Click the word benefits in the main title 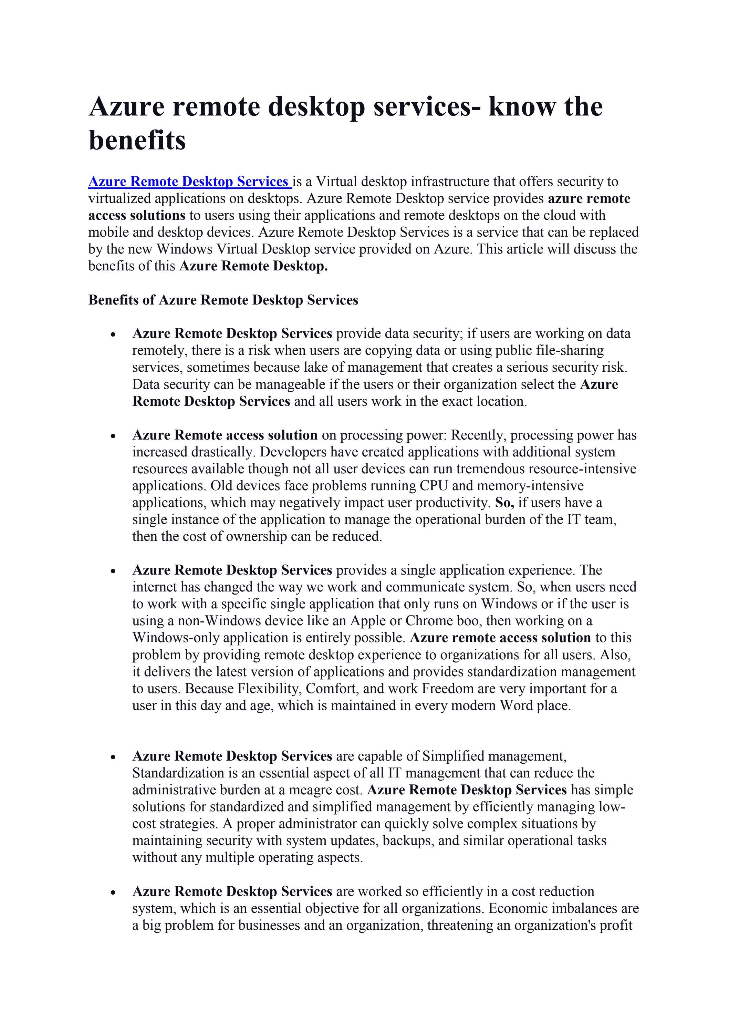pos(137,140)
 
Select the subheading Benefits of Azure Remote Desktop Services pos(223,300)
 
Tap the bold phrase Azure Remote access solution pos(225,435)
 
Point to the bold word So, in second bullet pos(504,503)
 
